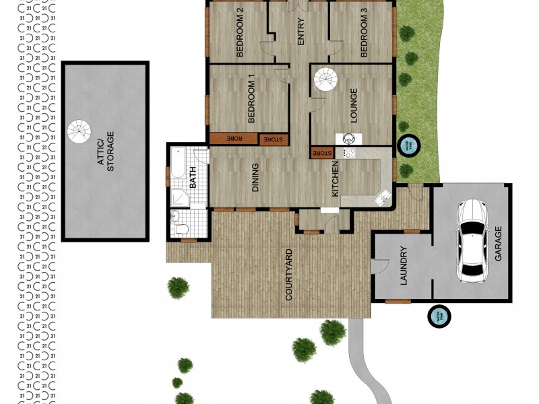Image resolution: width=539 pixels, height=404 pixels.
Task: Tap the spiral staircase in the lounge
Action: pos(327,81)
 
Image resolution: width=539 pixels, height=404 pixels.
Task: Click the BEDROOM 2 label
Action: pos(239,32)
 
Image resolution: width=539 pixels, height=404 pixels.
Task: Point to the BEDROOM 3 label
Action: pos(364,32)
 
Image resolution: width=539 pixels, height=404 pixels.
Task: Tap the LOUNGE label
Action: pos(353,104)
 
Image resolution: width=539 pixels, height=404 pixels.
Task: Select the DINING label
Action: pos(256,178)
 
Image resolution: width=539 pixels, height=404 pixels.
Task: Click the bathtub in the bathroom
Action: pos(179,163)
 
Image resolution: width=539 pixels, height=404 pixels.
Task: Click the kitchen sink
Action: pos(382,198)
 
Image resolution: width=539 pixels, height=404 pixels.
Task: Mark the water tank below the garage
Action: pos(439,314)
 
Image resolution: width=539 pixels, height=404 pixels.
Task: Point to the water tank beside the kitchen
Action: pos(407,144)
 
